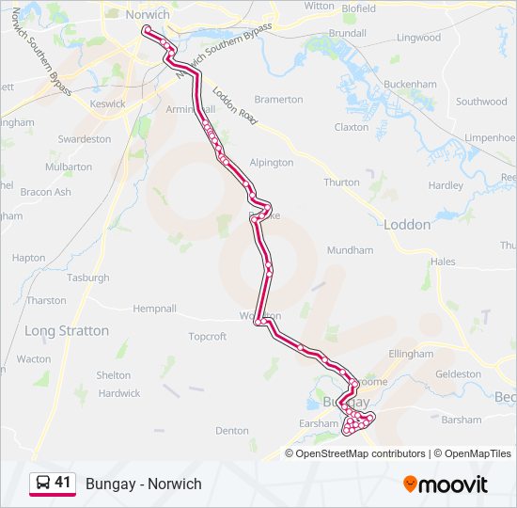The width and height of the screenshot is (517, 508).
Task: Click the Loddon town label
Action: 407,225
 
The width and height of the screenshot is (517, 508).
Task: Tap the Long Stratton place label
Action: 67,331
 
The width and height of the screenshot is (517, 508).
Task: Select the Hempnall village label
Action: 155,308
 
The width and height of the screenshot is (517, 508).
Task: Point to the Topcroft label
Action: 208,336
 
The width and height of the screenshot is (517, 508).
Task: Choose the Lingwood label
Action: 418,39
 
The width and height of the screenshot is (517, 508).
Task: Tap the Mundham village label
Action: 350,251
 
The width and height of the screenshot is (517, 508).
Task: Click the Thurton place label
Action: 341,183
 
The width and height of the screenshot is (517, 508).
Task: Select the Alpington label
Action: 272,163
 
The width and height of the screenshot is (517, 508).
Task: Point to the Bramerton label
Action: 278,100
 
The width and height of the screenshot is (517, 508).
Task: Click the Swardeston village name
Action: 85,139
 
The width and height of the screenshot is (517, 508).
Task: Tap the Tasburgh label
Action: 88,278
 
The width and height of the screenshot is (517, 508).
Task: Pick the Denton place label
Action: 232,431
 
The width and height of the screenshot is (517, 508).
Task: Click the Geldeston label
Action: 459,373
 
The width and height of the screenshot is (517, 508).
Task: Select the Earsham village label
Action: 319,424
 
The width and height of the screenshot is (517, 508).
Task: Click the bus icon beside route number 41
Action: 42,483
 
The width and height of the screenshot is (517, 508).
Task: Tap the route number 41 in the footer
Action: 63,483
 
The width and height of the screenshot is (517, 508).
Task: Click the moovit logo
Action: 446,484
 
